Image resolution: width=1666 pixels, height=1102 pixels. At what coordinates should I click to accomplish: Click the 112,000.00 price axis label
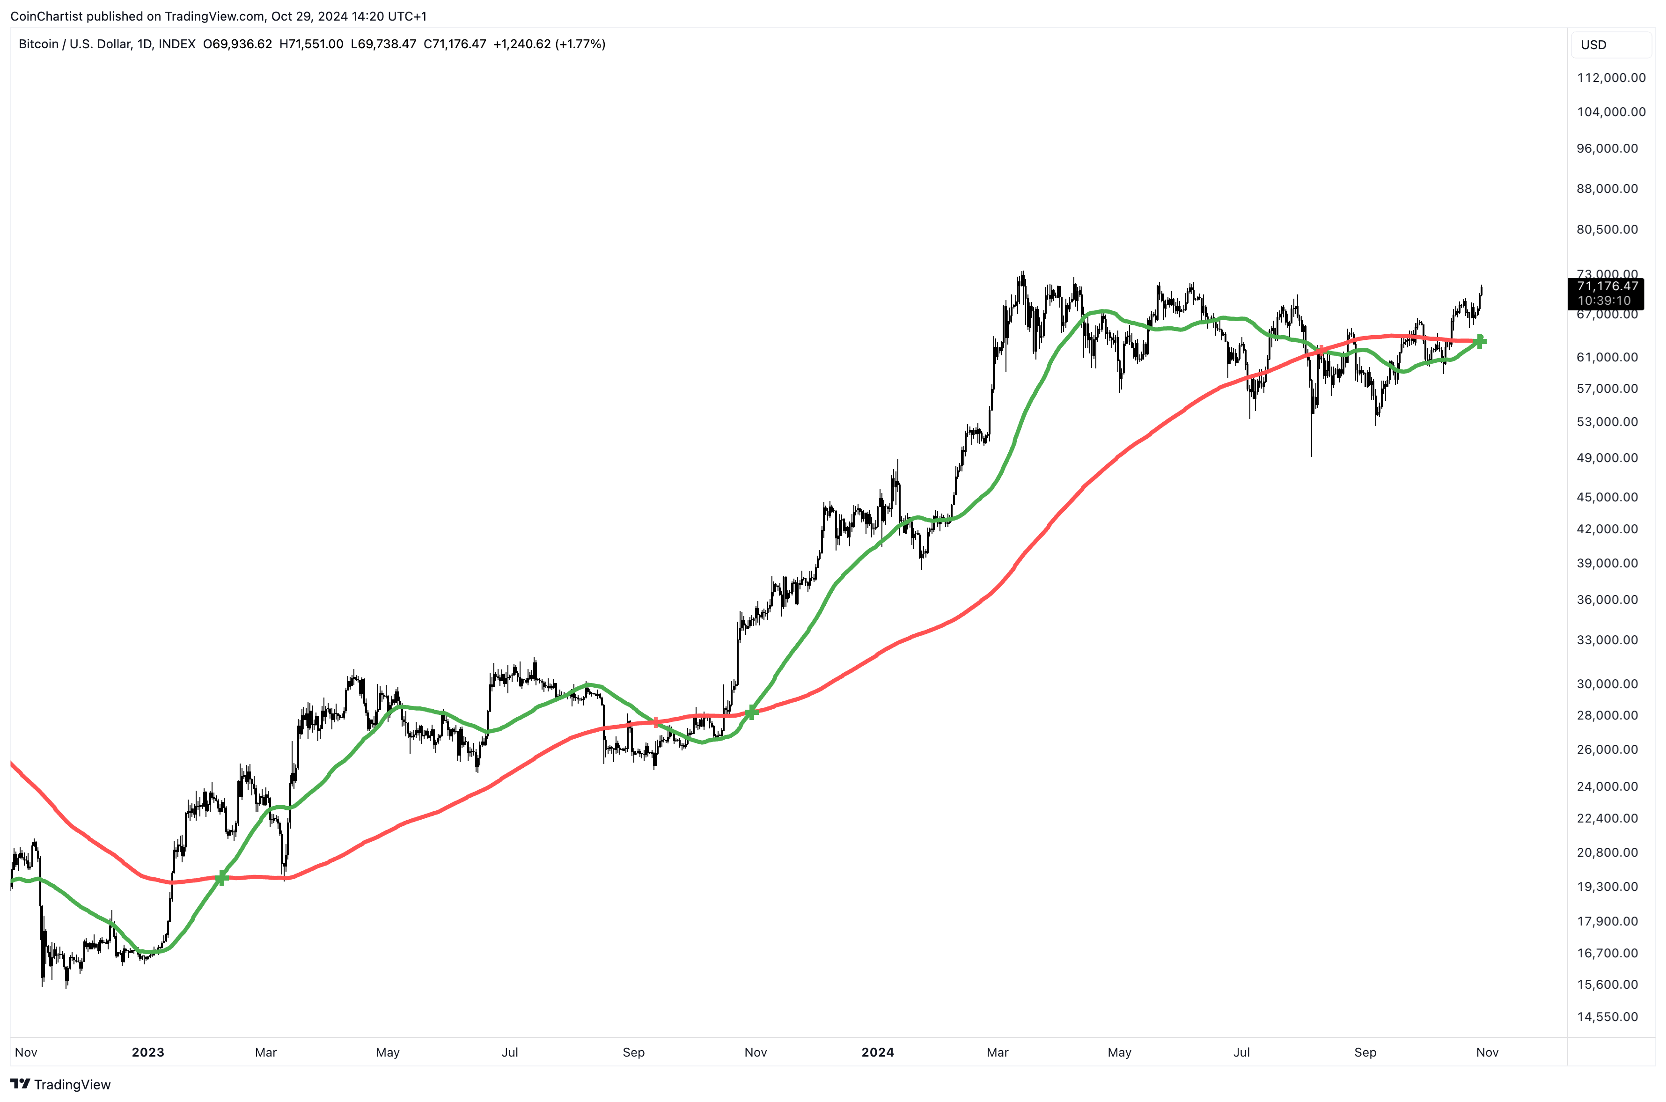[x=1610, y=77]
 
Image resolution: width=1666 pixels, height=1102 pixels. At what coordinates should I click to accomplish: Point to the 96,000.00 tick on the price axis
[x=1607, y=148]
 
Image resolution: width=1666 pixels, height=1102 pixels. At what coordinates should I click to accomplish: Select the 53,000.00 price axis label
[x=1607, y=422]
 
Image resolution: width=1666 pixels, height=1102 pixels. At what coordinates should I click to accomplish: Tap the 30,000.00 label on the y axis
[x=1607, y=684]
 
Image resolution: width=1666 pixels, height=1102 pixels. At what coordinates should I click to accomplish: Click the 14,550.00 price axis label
[x=1607, y=1016]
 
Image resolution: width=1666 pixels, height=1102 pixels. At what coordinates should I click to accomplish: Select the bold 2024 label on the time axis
[x=878, y=1052]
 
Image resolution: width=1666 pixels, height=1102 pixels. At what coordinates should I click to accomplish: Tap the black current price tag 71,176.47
[x=1607, y=286]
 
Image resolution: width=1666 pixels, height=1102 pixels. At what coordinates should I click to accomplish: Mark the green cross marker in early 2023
[x=221, y=878]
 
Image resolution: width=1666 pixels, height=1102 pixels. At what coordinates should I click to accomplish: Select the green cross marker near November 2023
[x=751, y=713]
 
